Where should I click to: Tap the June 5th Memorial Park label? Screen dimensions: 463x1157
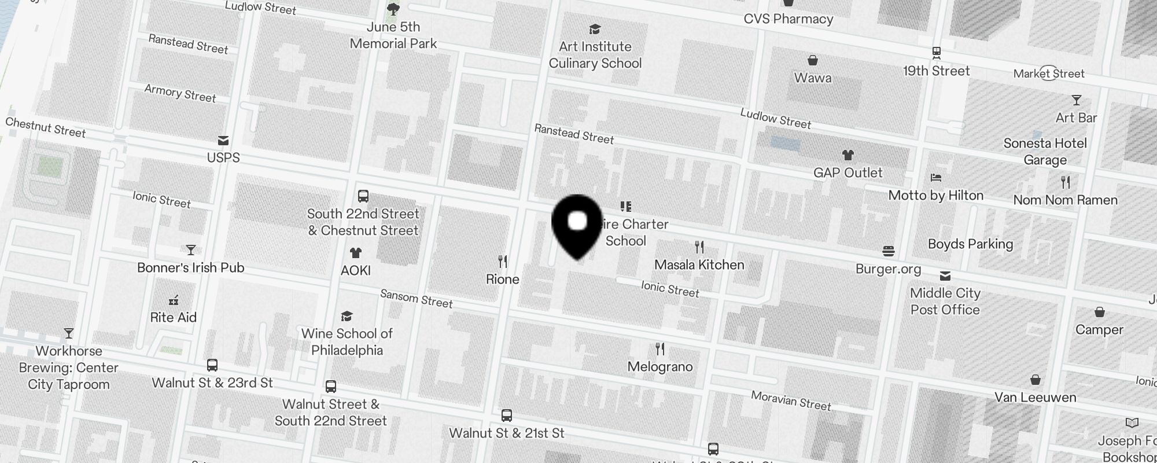tap(393, 35)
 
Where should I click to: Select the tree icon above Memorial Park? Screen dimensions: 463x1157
tap(393, 9)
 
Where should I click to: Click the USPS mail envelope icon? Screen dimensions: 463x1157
tap(223, 141)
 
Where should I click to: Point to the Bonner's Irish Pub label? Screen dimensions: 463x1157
tap(191, 267)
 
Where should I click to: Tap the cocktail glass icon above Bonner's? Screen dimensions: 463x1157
tap(191, 250)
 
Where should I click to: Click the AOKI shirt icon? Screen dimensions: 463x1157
tap(355, 253)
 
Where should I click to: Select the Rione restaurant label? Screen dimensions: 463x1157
tap(502, 279)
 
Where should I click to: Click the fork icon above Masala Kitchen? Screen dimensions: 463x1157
tap(699, 247)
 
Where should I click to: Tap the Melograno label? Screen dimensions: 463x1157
tap(660, 366)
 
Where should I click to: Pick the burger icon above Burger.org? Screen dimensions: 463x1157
tap(889, 251)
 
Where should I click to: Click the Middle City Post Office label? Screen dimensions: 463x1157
tap(945, 301)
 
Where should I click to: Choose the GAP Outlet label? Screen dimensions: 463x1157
tap(848, 172)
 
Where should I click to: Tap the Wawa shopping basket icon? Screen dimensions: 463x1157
tap(813, 60)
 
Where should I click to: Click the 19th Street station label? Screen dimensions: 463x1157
tap(936, 71)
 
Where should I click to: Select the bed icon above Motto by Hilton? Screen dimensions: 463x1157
tap(936, 178)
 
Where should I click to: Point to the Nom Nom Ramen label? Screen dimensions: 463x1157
tap(1065, 200)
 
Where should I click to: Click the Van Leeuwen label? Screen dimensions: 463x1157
tap(1035, 397)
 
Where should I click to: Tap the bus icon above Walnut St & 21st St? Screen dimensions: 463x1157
tap(507, 416)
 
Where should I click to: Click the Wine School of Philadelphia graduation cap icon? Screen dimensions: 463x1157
tap(347, 316)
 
